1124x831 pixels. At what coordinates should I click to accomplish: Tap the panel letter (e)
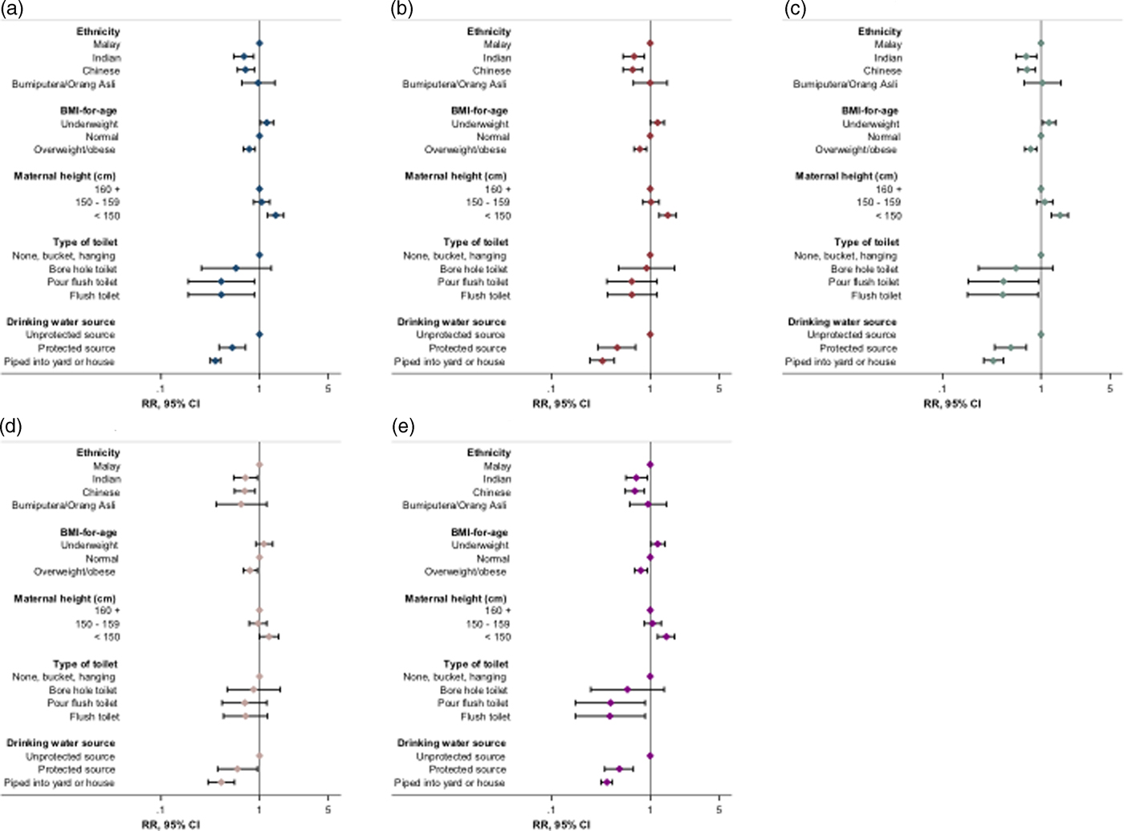[402, 426]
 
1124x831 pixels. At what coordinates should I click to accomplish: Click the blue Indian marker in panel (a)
[244, 56]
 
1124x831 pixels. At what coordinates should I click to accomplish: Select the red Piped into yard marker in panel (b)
[602, 361]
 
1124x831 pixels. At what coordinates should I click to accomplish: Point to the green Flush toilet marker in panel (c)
[1003, 295]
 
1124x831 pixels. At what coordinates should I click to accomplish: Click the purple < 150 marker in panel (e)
[666, 637]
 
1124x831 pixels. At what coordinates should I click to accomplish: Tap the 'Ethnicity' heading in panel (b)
[489, 31]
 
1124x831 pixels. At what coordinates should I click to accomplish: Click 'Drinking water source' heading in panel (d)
[61, 743]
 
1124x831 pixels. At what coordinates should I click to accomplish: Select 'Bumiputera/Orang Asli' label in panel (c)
[845, 84]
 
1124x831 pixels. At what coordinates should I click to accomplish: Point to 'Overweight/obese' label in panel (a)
[75, 150]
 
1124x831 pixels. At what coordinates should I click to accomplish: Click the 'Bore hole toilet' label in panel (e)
[474, 690]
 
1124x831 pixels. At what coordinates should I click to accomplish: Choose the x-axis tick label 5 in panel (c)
[1110, 389]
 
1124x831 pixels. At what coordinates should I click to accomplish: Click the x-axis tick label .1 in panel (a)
[161, 389]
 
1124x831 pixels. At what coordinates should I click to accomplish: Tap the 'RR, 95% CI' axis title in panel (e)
[561, 825]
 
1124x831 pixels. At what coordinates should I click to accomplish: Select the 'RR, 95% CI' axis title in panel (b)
[561, 403]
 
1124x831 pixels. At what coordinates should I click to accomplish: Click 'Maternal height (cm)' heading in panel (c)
[847, 176]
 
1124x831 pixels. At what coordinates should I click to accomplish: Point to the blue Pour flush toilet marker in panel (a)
[221, 282]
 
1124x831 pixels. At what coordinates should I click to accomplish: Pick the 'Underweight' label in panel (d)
[89, 545]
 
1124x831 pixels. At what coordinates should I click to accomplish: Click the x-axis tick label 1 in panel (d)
[259, 810]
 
